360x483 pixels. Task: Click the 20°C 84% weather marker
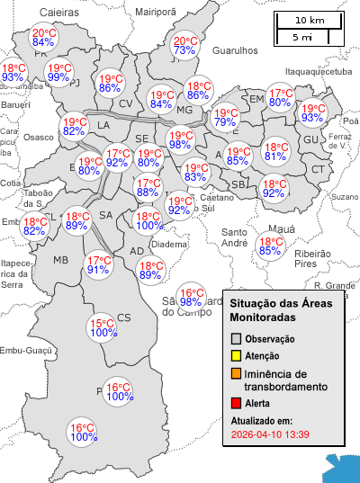click(44, 37)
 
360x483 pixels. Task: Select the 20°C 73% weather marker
click(184, 46)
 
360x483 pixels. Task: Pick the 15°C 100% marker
click(103, 328)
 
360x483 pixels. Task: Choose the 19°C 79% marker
click(225, 118)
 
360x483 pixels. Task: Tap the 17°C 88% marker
click(148, 187)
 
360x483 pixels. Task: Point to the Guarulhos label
click(241, 52)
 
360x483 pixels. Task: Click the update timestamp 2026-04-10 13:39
click(270, 434)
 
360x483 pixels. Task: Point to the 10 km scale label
click(311, 20)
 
